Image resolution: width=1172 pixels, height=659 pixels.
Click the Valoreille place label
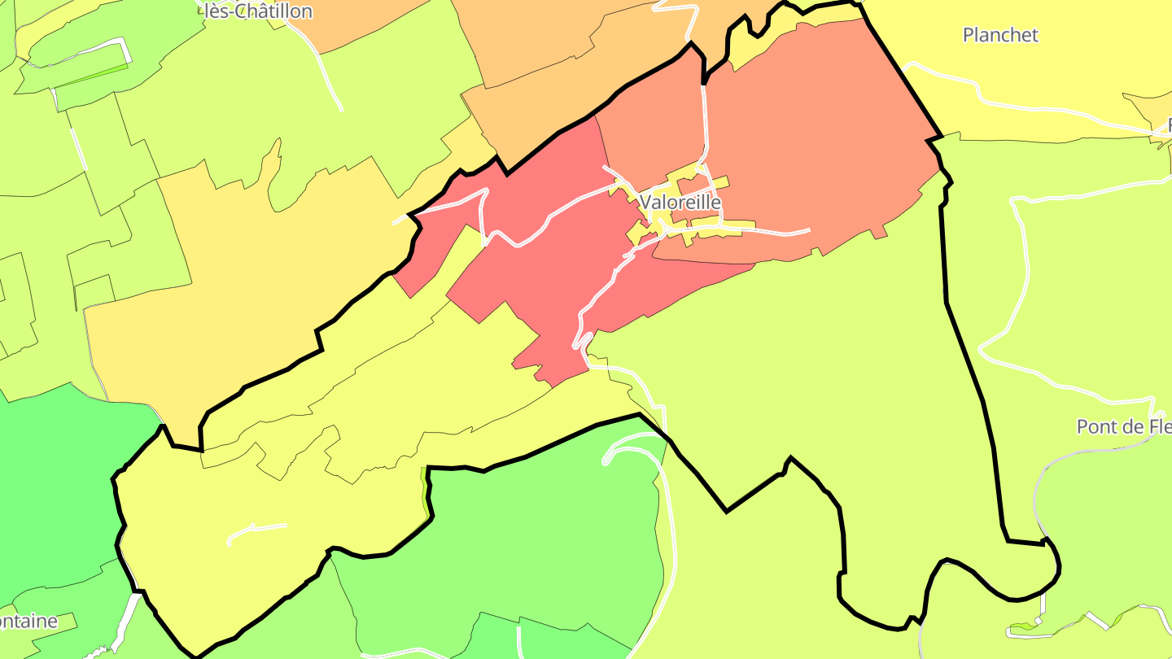tap(680, 202)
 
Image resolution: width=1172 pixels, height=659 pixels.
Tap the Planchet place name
tap(1000, 35)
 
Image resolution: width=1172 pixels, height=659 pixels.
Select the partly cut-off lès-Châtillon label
tap(256, 11)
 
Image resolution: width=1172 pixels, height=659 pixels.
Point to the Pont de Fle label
tap(1123, 426)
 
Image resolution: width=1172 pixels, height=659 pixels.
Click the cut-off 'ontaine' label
tap(28, 622)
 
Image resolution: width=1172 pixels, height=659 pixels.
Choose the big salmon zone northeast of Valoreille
tap(814, 138)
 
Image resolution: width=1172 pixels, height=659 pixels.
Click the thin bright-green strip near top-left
tap(90, 75)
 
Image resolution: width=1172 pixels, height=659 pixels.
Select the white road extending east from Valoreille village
tap(773, 231)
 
